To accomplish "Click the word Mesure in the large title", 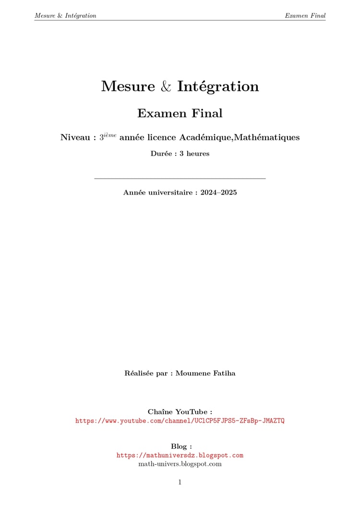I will click(x=128, y=87).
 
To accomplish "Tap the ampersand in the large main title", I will click(x=166, y=87).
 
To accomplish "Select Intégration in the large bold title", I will click(x=218, y=87).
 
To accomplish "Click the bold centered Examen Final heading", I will click(x=180, y=114).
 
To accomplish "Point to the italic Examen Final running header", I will click(x=305, y=15).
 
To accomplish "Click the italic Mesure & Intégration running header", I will click(x=65, y=15).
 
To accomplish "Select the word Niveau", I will click(x=75, y=138).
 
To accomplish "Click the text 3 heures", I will click(x=194, y=154).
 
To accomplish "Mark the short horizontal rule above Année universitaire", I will click(x=180, y=179).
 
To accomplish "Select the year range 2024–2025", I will click(x=219, y=193).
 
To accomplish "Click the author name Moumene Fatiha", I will click(x=205, y=374).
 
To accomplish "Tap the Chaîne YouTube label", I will click(x=180, y=412).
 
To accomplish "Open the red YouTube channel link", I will click(x=180, y=421).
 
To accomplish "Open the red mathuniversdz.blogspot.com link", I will click(x=180, y=455).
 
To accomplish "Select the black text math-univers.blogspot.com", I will click(x=180, y=464).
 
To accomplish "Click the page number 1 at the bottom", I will click(x=180, y=482).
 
